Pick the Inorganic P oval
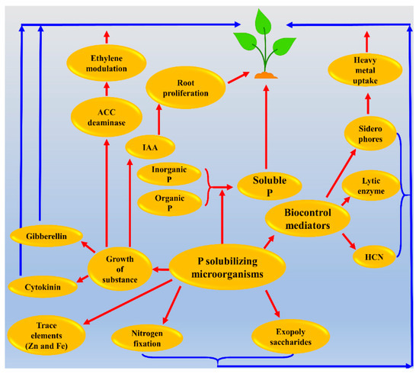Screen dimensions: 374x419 tap(169, 175)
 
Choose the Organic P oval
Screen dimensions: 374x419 tap(169, 202)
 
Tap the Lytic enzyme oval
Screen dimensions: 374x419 tap(367, 185)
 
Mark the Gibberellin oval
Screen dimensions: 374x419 tap(43, 236)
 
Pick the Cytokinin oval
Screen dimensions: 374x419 tap(42, 287)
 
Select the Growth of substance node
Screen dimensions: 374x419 tap(120, 269)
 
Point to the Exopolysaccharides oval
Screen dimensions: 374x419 tap(283, 333)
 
